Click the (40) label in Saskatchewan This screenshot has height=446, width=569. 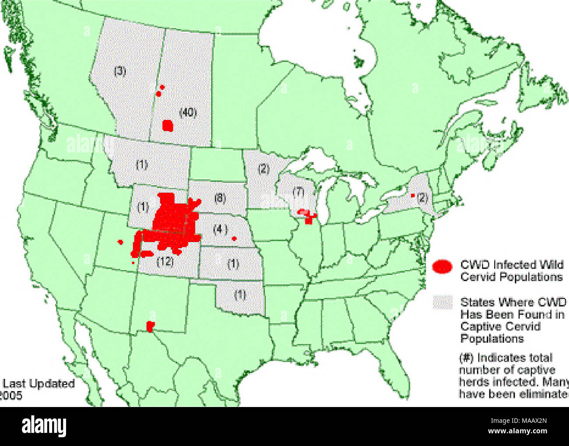[188, 113]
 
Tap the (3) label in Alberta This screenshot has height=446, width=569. [120, 71]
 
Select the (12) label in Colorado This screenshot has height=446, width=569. [165, 262]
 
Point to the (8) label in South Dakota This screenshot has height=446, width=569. [220, 198]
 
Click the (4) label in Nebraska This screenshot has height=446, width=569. [220, 229]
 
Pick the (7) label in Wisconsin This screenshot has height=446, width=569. [298, 191]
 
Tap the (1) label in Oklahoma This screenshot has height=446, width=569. [240, 295]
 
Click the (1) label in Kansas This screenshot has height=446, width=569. [233, 264]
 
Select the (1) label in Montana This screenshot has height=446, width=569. [141, 165]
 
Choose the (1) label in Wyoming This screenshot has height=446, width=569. [143, 207]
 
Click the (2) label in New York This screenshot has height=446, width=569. [422, 197]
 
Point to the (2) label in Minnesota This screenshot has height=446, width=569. [263, 169]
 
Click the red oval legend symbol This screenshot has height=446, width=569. [443, 266]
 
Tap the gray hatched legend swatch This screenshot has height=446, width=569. [443, 303]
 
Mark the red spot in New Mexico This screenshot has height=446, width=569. [151, 326]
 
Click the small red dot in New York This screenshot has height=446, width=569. [412, 195]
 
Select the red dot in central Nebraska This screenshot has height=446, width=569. [234, 239]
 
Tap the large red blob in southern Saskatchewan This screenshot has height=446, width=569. [168, 126]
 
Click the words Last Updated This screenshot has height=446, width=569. [39, 384]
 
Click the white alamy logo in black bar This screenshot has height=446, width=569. [44, 426]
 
